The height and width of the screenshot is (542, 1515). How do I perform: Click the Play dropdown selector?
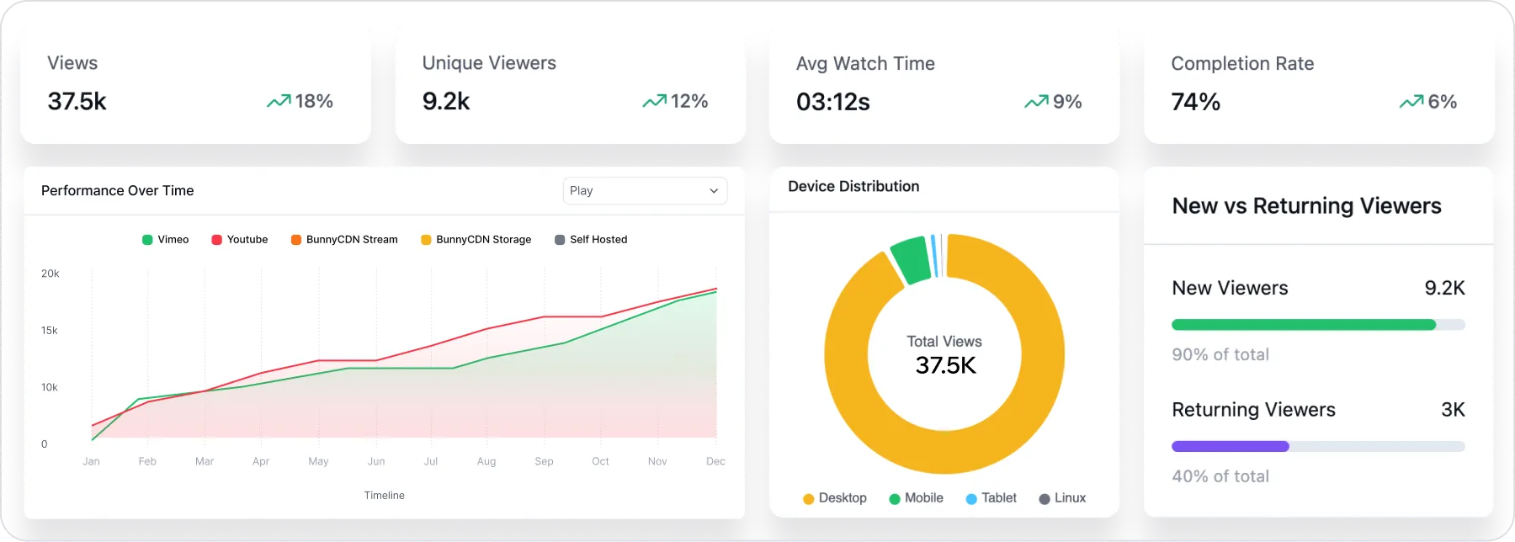[x=645, y=191]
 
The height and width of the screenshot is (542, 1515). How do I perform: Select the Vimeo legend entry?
[x=166, y=240]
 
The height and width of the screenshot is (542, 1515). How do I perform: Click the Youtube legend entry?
[x=240, y=240]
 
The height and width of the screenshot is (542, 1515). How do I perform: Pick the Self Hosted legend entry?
[x=591, y=240]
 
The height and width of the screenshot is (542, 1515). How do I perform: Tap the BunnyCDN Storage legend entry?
[x=476, y=240]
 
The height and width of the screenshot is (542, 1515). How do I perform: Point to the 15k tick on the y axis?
[x=50, y=331]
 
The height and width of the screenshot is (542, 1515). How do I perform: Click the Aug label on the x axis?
[x=486, y=461]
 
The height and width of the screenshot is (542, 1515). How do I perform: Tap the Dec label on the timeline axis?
[x=715, y=461]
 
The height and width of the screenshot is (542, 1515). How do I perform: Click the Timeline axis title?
[x=385, y=496]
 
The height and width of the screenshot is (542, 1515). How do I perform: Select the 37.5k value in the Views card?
[x=77, y=102]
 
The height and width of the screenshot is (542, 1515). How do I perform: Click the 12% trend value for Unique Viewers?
[x=689, y=102]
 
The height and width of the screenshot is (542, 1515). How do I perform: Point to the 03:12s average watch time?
[x=833, y=103]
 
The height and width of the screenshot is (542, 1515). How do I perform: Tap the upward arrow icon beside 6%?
[x=1411, y=102]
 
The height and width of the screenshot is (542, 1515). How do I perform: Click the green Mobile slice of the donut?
[x=911, y=259]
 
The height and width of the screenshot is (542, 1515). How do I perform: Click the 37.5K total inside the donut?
[x=946, y=365]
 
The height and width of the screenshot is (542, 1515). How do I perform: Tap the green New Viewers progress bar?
[x=1303, y=325]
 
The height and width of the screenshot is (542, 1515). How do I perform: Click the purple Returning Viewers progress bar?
[x=1230, y=447]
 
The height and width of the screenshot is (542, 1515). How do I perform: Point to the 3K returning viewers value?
[x=1453, y=410]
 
